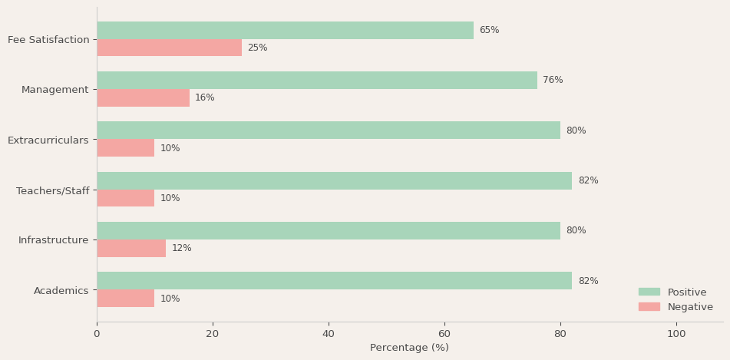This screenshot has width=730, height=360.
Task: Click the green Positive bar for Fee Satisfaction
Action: coord(285,31)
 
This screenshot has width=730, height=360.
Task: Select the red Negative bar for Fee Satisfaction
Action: coord(169,48)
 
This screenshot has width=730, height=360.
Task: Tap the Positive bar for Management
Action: coord(316,81)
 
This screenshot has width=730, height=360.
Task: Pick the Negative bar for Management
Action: coord(143,98)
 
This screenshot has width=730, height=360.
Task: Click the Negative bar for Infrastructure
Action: coord(131,249)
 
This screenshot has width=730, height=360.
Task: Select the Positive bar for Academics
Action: coord(334,281)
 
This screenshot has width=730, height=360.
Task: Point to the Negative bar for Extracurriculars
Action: coord(125,148)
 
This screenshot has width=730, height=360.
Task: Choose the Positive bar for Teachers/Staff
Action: coord(334,181)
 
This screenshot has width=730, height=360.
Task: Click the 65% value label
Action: coord(489,31)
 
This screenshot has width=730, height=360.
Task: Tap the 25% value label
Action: coord(257,48)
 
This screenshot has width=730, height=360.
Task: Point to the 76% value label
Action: coord(553,81)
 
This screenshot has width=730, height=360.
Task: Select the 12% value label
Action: coord(181,249)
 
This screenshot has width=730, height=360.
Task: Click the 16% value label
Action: coord(204,98)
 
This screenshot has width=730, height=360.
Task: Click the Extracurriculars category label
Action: coord(48,140)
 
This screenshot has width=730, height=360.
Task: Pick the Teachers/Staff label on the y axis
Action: coord(53,190)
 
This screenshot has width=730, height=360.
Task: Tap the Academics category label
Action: coord(61,291)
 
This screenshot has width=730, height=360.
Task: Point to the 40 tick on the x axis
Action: coord(329,334)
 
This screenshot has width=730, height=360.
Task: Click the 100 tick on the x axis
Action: coord(676,334)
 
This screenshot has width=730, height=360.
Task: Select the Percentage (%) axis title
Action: coord(409,348)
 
